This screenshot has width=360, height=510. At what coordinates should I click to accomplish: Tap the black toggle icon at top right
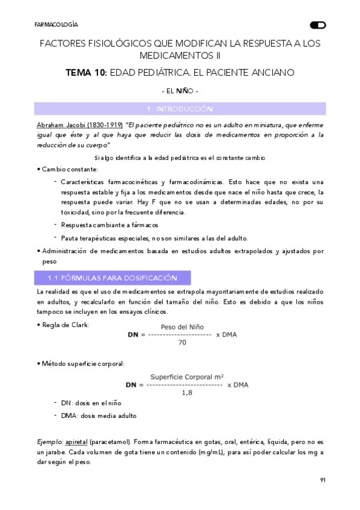coord(318,25)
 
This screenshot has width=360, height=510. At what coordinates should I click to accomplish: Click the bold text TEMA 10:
coord(86,73)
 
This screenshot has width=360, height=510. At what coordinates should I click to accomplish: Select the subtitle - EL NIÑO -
coord(180,91)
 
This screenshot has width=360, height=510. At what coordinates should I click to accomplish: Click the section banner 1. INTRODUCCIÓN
coord(180,109)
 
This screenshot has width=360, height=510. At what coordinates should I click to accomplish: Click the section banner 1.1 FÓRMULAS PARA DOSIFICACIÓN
coord(112,278)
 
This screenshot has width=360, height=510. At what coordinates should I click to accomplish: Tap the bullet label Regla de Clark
coord(65,325)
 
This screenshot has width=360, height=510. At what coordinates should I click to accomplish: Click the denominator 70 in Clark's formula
coord(182,342)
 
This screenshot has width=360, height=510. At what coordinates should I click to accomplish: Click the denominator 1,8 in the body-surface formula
coord(187,393)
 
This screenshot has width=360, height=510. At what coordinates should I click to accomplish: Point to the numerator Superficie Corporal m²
coord(187,376)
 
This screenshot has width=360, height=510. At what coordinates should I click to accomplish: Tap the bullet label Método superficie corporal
coord(82,364)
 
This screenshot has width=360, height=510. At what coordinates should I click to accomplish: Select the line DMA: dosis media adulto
coord(99,416)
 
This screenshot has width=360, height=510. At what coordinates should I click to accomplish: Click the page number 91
coord(322,480)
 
